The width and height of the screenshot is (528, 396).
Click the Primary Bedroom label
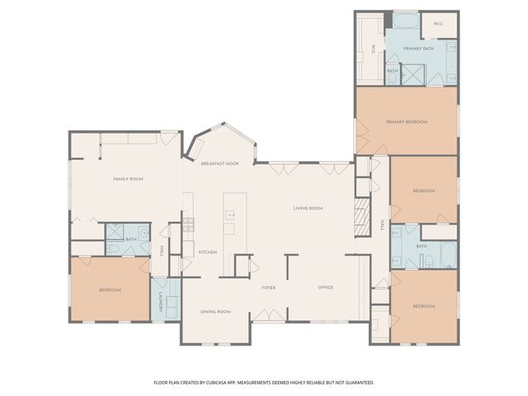click(407, 122)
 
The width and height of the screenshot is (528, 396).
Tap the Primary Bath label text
click(418, 49)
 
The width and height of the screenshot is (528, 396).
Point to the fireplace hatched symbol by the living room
click(361, 217)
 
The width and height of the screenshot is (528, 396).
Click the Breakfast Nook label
click(220, 163)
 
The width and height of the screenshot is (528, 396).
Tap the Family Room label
click(128, 179)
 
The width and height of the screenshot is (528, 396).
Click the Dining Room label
click(215, 312)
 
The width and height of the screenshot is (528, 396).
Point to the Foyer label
click(268, 288)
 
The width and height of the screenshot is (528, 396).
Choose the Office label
click(325, 288)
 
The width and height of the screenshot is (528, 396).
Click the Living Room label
click(308, 208)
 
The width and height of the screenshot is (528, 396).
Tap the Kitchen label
click(207, 252)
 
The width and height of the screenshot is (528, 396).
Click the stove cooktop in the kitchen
click(188, 223)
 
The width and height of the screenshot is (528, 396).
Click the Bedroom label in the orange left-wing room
click(110, 290)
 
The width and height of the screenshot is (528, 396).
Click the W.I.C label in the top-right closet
click(437, 24)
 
